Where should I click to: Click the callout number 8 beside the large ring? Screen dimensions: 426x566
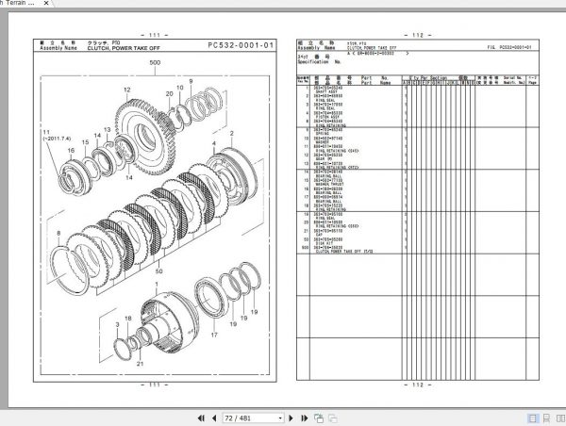[x=58, y=231]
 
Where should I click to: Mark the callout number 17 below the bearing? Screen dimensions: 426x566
[x=213, y=333]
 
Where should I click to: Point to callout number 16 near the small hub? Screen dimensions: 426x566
[x=70, y=150]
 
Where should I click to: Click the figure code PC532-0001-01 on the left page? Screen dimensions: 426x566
[x=241, y=44]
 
